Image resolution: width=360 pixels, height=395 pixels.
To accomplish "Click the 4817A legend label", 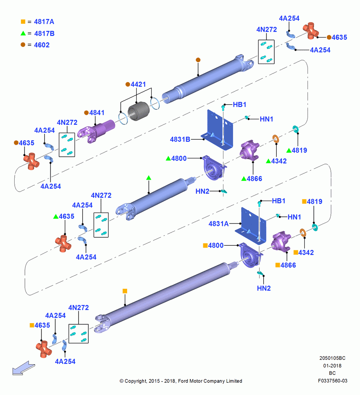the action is pos(44,22).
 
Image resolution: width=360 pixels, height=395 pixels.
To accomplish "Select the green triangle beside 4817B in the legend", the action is pos(23,33).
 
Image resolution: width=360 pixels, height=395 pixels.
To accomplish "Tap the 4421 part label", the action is pos(138,85).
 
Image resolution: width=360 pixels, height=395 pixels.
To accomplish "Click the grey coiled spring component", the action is pos(139,111).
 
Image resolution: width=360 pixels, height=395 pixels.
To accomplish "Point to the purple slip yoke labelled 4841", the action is pos(96,131).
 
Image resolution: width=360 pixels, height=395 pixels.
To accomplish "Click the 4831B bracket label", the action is pos(180,139).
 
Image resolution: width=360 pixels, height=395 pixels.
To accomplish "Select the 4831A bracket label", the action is pos(219,224).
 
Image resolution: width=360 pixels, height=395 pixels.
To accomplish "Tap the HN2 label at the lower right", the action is pos(264,288).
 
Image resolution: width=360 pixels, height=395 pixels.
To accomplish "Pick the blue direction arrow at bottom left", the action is pos(24,368).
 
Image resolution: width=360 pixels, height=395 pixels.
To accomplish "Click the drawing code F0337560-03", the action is pos(332,381).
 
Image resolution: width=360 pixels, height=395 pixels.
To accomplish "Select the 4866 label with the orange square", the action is pos(288,265).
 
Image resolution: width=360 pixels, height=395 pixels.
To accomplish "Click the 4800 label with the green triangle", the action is pos(179,158).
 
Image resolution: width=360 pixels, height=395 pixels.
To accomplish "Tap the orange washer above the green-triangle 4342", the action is pos(276,139).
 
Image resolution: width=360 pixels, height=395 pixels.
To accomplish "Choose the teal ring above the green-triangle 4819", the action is pos(296,129).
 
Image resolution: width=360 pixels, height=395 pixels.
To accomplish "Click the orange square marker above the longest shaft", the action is pos(125,291).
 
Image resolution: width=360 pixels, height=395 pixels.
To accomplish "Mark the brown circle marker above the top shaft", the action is pos(198,60).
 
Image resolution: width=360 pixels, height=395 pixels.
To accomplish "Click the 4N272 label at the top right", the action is pos(266,30).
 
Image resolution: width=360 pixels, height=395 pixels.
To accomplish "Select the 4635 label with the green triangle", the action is pos(66,216).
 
